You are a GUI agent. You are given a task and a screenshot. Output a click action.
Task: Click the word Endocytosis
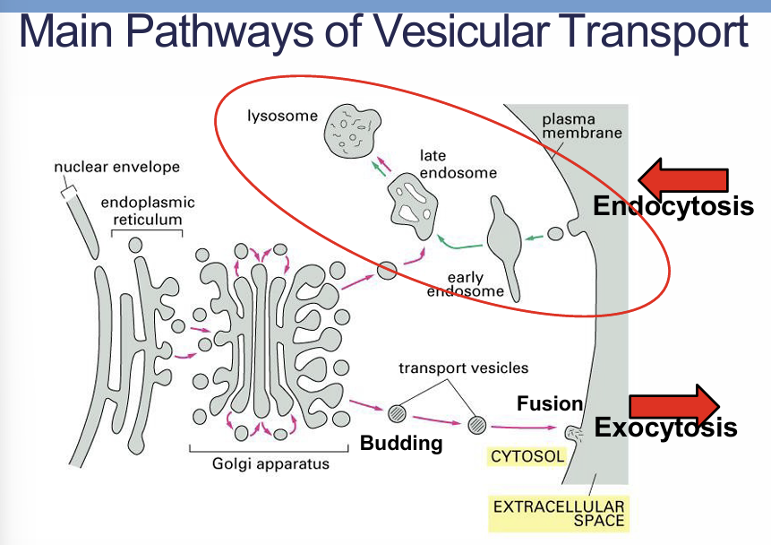tap(672, 207)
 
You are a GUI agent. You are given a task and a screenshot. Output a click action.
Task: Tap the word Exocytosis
tap(666, 428)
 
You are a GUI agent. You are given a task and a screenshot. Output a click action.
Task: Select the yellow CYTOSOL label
tap(527, 456)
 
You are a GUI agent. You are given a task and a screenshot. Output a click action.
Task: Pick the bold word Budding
tap(401, 443)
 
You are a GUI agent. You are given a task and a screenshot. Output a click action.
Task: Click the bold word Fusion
tap(550, 404)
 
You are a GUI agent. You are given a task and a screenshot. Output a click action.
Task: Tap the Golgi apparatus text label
tap(270, 463)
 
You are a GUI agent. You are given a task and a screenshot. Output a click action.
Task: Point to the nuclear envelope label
tap(116, 167)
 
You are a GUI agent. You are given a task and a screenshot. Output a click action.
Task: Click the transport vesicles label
tap(463, 368)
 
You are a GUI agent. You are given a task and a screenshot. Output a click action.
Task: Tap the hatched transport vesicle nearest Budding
tap(398, 412)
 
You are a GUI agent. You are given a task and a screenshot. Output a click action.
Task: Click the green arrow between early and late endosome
tap(458, 242)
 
